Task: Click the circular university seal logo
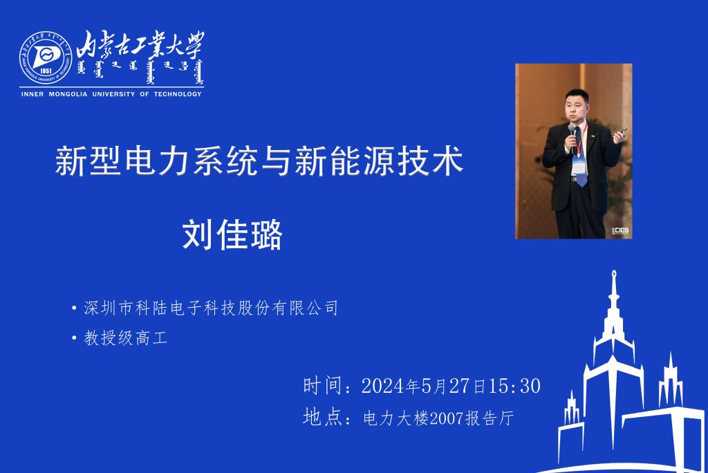coord(46,57)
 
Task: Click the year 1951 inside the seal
coord(46,71)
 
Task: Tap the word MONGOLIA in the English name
coord(68,94)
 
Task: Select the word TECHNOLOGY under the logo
coord(178,94)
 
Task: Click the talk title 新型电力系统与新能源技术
coord(259,161)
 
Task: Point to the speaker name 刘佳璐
coord(232,234)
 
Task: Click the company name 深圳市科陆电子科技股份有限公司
coord(211,308)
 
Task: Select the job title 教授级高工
coord(126,338)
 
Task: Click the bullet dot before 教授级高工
coord(74,338)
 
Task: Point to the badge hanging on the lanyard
coord(579,166)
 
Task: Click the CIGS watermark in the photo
coord(620,231)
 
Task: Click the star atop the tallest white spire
coord(614,273)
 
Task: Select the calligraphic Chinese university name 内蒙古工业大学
coord(140,45)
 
